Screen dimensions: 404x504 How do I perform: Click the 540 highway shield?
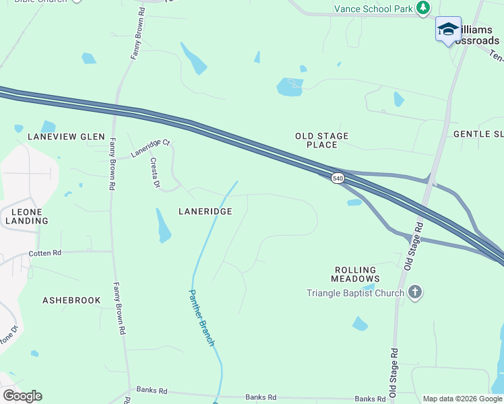pos(338,178)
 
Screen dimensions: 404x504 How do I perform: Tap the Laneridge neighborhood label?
pos(206,211)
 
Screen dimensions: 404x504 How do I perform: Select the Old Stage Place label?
pos(322,140)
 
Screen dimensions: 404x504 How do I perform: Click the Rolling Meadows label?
pos(356,274)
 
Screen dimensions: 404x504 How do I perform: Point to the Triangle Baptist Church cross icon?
pos(416,292)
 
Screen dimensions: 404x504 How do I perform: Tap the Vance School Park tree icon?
pos(423,8)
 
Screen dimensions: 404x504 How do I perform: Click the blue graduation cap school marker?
pos(448,29)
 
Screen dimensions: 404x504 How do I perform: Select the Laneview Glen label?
pos(66,137)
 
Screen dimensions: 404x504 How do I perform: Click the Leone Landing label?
pos(26,216)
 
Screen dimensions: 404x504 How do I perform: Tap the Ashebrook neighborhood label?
pos(71,300)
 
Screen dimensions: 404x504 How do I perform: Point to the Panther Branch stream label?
pos(201,318)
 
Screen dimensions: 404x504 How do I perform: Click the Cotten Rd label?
pos(45,253)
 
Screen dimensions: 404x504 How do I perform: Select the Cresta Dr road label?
pos(154,173)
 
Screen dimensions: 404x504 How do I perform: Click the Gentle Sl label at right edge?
pos(478,135)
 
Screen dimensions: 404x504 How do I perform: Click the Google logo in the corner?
pos(22,396)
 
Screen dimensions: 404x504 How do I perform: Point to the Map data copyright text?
pos(462,399)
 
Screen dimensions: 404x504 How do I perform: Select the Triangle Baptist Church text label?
pos(355,293)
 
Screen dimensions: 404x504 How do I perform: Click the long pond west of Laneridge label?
pos(163,226)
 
